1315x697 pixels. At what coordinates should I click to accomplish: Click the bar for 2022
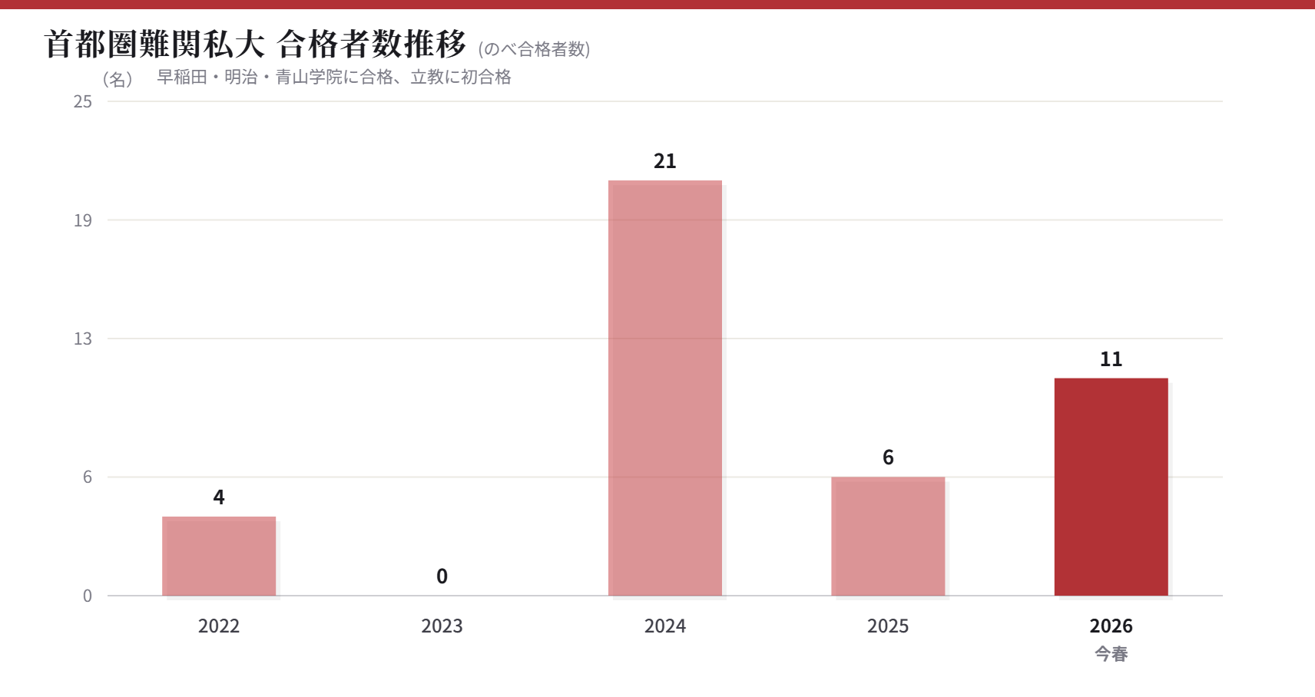coord(219,556)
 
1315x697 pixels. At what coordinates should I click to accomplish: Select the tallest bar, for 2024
coord(665,388)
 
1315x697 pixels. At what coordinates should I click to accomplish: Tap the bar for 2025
coord(888,536)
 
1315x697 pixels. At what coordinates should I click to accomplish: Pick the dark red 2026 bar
coord(1111,487)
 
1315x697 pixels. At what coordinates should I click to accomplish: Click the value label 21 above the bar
coord(665,161)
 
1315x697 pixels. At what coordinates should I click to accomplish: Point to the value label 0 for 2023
coord(442,576)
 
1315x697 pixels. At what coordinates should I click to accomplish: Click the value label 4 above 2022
coord(219,497)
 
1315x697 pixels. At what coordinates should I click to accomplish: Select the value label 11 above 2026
coord(1111,359)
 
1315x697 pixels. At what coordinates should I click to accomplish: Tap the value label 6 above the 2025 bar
coord(888,458)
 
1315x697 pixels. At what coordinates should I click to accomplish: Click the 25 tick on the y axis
coord(83,101)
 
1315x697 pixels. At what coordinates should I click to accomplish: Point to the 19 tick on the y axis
coord(83,220)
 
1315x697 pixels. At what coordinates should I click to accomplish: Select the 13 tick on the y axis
coord(83,339)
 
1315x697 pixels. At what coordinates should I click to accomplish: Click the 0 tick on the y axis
coord(88,596)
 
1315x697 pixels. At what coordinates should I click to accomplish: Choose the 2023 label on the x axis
coord(442,626)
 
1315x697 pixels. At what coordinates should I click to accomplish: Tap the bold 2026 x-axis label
coord(1111,626)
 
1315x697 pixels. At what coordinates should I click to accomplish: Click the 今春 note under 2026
coord(1111,654)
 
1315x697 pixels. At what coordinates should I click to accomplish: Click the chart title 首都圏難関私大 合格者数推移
coord(255,45)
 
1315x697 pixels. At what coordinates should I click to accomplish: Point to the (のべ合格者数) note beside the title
coord(534,49)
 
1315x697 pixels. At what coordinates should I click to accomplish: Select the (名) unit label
coord(118,79)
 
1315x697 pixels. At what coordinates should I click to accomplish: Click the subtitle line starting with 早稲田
coord(334,77)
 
